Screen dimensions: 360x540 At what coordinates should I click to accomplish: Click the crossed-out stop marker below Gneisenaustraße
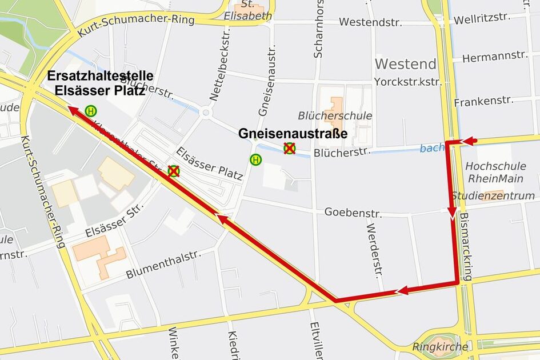point(290,149)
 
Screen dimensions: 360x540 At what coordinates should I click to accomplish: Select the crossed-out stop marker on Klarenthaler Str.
point(173,171)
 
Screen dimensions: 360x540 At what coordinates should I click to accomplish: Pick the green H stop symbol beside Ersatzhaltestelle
point(90,110)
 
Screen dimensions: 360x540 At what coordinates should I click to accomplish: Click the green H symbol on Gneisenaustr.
point(255,160)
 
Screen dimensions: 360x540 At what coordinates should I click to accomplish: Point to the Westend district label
point(406,63)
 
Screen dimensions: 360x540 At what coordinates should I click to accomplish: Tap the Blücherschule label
point(335,116)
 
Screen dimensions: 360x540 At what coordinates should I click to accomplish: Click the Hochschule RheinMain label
point(496,173)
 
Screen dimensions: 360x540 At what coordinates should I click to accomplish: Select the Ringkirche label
point(440,347)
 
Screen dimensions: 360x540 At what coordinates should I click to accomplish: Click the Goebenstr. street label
point(353,213)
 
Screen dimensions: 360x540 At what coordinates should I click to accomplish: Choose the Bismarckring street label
point(465,247)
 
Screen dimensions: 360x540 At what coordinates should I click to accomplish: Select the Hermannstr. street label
point(495,57)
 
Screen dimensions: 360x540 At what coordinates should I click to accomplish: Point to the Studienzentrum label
point(493,196)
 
